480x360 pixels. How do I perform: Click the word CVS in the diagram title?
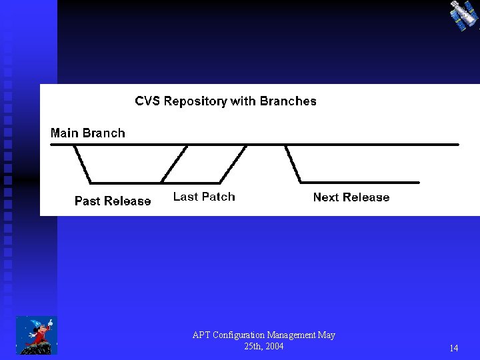click(x=147, y=101)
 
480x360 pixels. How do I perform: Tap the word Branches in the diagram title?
click(x=288, y=101)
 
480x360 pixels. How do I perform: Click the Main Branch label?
click(x=88, y=133)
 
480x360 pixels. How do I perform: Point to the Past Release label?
click(x=113, y=201)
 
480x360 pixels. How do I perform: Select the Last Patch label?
click(x=204, y=197)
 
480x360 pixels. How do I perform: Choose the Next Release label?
click(x=351, y=197)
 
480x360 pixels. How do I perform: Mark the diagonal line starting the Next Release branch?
click(x=293, y=163)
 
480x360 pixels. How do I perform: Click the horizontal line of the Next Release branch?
click(x=360, y=182)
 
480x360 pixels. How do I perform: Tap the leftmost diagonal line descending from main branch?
click(x=82, y=163)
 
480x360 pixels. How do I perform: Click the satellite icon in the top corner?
click(x=463, y=15)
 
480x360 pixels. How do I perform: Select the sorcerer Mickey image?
click(x=36, y=335)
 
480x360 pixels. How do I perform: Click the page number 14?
click(x=453, y=348)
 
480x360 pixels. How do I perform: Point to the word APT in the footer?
click(x=201, y=335)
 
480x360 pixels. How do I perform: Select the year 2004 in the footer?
click(x=273, y=346)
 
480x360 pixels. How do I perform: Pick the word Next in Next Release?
click(x=327, y=197)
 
